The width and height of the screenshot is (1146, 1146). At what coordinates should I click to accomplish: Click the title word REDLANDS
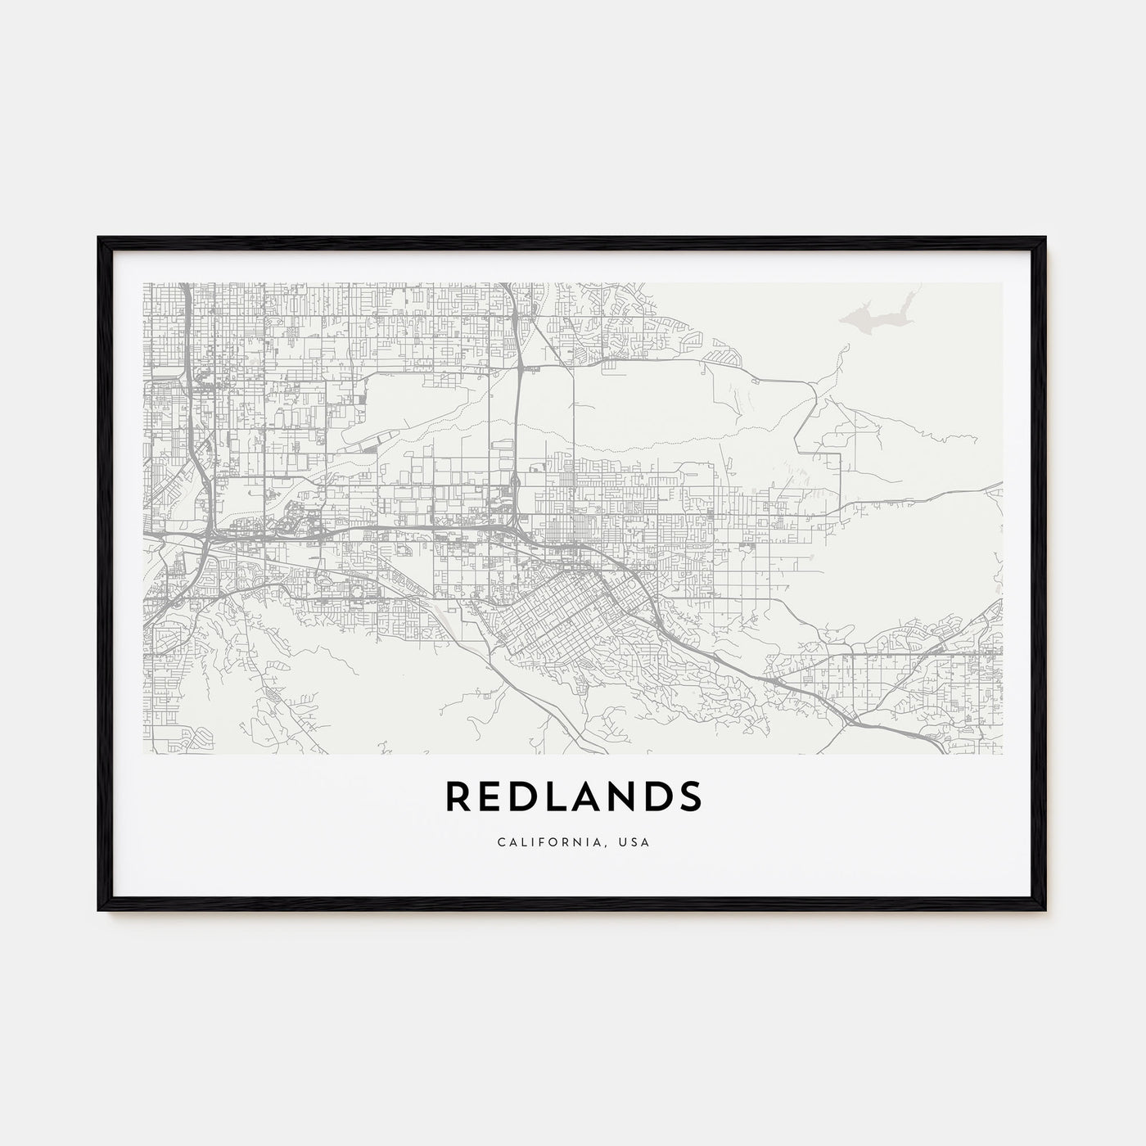[573, 796]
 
